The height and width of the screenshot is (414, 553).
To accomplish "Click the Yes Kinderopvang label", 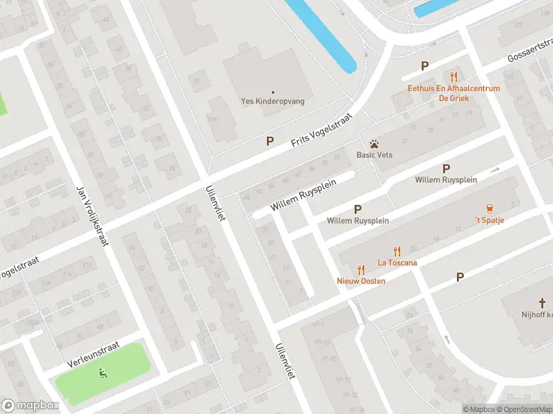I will [272, 101].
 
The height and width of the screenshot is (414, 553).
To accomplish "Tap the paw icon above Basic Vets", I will [374, 144].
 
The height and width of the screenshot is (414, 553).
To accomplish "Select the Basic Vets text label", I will [374, 155].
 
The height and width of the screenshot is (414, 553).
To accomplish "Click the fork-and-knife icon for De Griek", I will [454, 76].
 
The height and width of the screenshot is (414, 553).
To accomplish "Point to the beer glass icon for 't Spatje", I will [489, 208].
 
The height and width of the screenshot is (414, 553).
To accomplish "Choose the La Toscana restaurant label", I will [396, 262].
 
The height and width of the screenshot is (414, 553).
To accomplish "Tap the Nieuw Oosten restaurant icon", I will [361, 270].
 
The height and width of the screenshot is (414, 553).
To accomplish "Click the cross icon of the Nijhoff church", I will [543, 302].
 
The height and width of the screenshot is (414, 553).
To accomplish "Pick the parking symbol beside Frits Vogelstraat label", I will [270, 141].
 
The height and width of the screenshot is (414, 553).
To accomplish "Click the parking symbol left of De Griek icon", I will [425, 66].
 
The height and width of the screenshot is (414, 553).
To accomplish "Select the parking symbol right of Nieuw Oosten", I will [460, 277].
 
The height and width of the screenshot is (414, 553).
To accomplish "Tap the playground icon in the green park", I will [103, 374].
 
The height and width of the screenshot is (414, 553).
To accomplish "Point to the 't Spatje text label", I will [489, 220].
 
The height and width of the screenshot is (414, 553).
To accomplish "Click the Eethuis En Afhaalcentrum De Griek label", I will [454, 93].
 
